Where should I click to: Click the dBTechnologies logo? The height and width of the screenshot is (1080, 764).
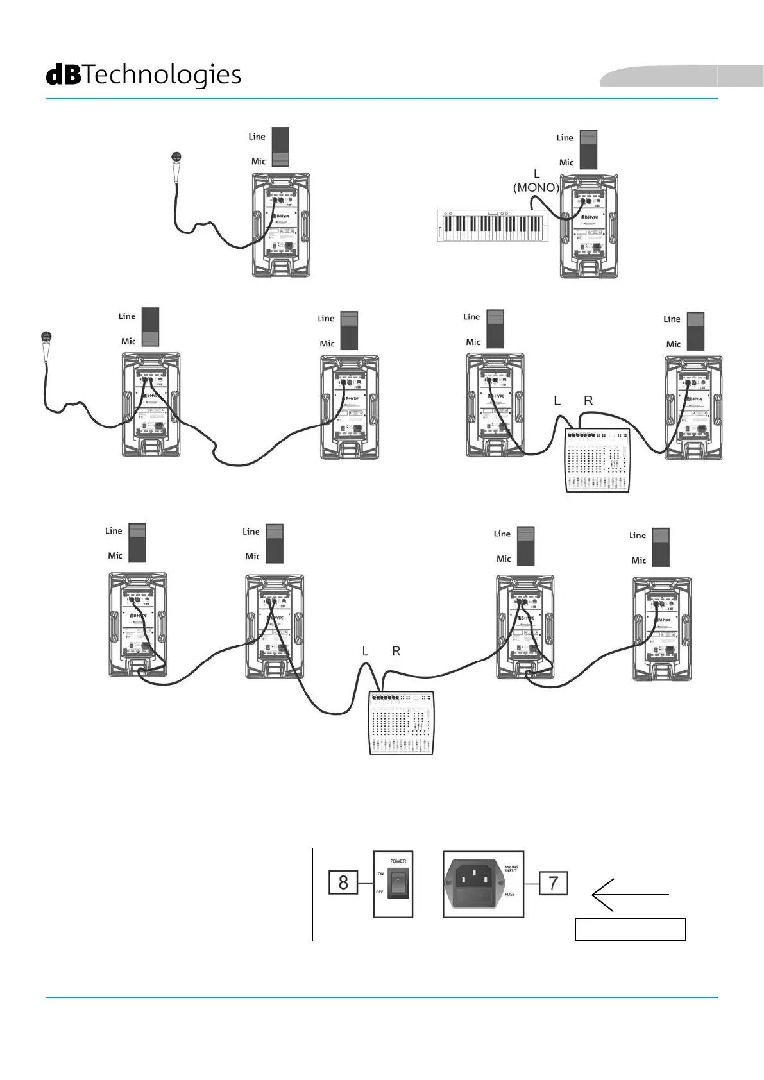[144, 75]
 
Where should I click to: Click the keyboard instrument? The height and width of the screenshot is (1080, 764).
[493, 226]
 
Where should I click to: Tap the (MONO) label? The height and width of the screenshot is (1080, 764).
[536, 187]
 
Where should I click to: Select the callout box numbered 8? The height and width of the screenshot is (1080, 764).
[343, 882]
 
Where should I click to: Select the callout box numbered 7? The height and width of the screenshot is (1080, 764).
[553, 883]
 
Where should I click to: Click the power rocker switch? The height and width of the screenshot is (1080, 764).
[398, 883]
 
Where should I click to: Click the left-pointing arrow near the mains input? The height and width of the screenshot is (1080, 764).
[629, 895]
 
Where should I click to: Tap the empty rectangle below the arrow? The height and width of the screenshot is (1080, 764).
[630, 929]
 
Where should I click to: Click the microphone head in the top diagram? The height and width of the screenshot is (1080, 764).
[177, 157]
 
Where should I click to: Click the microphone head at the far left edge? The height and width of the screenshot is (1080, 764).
[46, 336]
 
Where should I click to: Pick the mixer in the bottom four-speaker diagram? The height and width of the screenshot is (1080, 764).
[402, 723]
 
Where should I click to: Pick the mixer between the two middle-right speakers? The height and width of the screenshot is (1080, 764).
[597, 460]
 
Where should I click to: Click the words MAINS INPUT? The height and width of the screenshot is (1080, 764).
[511, 868]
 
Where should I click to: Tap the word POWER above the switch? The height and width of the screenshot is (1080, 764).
[398, 861]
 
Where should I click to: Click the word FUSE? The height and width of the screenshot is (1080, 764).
[509, 894]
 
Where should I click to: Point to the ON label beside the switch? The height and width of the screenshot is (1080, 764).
[380, 873]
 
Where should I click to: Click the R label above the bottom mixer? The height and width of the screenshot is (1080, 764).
[396, 651]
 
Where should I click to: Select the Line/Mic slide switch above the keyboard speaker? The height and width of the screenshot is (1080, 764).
[588, 149]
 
